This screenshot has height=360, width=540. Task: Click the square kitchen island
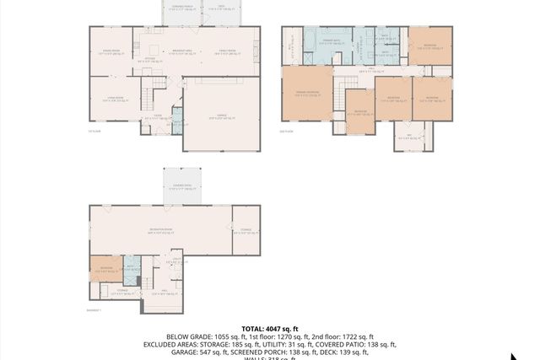click(153, 47)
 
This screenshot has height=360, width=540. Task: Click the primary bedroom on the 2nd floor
click(307, 94)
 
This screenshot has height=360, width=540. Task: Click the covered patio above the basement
click(182, 186)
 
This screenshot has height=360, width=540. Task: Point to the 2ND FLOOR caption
click(289, 132)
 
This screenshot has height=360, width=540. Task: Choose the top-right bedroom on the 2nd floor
click(430, 46)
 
